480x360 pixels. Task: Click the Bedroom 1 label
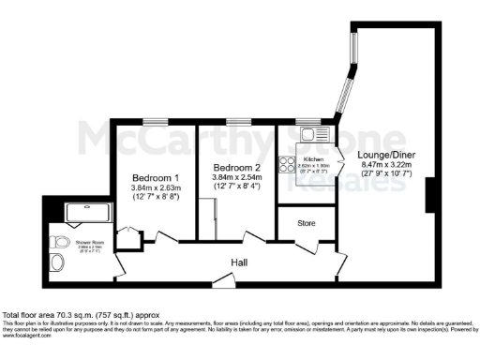pyautogui.click(x=155, y=177)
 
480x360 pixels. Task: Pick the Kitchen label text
pyautogui.click(x=312, y=159)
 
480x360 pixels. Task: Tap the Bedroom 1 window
pyautogui.click(x=155, y=120)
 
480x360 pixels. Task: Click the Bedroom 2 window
pyautogui.click(x=238, y=120)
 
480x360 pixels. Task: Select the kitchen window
pyautogui.click(x=308, y=120)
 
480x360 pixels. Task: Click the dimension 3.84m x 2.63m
pyautogui.click(x=155, y=187)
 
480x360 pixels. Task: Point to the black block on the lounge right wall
pyautogui.click(x=432, y=195)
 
